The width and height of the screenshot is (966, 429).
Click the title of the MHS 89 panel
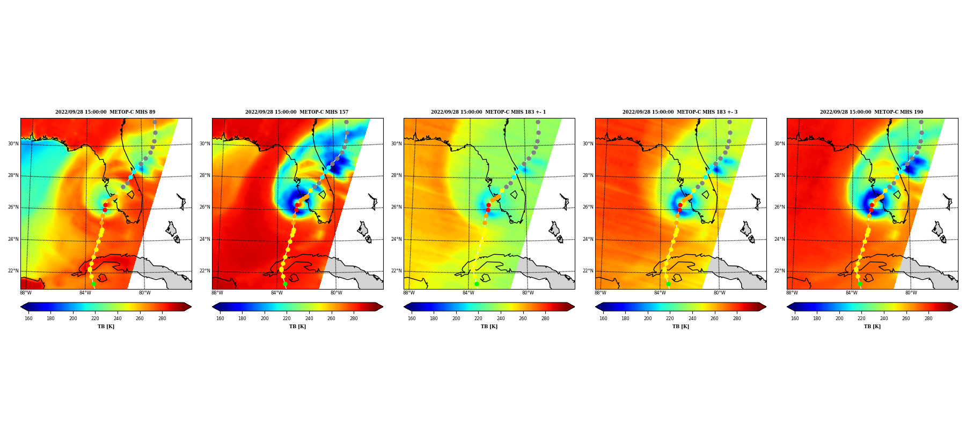pyautogui.click(x=105, y=112)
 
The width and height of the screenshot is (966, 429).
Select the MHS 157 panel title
pyautogui.click(x=297, y=112)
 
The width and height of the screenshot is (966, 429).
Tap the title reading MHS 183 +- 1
pyautogui.click(x=488, y=112)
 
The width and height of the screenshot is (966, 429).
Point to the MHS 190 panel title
pyautogui.click(x=872, y=112)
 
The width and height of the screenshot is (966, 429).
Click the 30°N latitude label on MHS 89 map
pyautogui.click(x=13, y=144)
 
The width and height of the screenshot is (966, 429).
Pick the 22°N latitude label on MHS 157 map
pyautogui.click(x=204, y=271)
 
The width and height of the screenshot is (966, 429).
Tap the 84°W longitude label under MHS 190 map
pyautogui.click(x=852, y=293)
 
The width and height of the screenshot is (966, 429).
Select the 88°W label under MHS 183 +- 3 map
pyautogui.click(x=601, y=293)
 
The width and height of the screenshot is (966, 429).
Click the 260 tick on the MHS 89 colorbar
pyautogui.click(x=140, y=319)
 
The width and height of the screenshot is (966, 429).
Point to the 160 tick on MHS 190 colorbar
pyautogui.click(x=795, y=319)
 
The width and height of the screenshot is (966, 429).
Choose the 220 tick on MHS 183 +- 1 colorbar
pyautogui.click(x=478, y=319)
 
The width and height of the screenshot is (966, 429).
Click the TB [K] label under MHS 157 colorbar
pyautogui.click(x=297, y=327)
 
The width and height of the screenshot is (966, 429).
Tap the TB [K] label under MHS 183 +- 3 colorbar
pyautogui.click(x=680, y=327)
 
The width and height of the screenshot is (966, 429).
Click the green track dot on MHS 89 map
pyautogui.click(x=93, y=284)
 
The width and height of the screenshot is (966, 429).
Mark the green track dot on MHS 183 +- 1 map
pyautogui.click(x=477, y=284)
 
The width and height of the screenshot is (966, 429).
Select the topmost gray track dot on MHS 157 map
pyautogui.click(x=346, y=122)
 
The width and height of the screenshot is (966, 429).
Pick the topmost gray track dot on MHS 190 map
pyautogui.click(x=921, y=122)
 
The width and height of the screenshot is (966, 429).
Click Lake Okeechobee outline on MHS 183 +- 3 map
pyautogui.click(x=705, y=195)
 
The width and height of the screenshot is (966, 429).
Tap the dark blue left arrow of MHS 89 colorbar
pyautogui.click(x=24, y=307)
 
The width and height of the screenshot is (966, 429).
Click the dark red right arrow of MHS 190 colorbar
pyautogui.click(x=954, y=307)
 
